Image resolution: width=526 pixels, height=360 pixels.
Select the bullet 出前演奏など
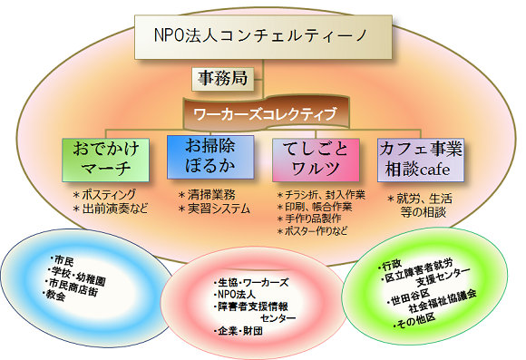pos(112,209)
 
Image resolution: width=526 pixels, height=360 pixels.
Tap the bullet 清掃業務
pos(209,193)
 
